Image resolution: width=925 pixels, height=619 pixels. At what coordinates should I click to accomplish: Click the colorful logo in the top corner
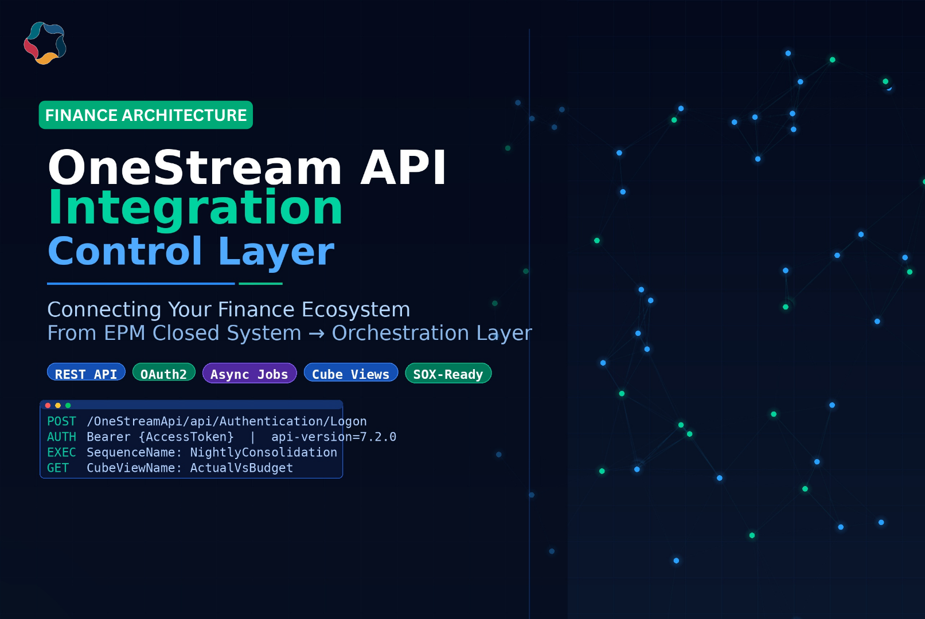coord(45,43)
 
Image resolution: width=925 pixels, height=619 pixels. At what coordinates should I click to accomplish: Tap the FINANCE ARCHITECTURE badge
coord(146,115)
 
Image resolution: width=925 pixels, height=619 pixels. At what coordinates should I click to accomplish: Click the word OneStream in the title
coord(195,168)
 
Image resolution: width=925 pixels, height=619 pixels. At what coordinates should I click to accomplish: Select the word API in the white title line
coord(403,168)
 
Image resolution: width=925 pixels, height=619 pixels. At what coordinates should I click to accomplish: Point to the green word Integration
coord(196,207)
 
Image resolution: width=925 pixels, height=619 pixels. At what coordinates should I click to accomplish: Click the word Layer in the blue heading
coord(276,251)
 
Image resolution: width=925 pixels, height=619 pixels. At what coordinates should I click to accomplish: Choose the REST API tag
coord(86,373)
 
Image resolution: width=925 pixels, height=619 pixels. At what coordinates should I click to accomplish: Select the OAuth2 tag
coord(163,373)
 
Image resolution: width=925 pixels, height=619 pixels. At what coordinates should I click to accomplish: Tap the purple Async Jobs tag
coord(249,373)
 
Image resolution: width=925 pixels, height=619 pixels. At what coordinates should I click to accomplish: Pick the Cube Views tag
coord(350,373)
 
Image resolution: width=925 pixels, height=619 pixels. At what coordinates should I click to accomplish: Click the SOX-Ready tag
coord(448,373)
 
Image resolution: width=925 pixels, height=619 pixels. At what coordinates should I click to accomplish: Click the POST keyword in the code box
coord(61,421)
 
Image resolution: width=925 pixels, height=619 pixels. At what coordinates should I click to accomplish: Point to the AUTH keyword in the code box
coord(61,437)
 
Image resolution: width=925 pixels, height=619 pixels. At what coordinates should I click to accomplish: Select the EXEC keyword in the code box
coord(61,452)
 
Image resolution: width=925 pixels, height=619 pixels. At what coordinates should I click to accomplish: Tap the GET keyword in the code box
coord(58,468)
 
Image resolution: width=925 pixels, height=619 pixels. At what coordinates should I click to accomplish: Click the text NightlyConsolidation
coord(263,452)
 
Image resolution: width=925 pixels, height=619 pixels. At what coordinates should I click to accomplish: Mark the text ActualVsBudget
coord(241,468)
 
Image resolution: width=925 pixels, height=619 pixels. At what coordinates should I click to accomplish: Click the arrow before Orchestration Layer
coord(317,334)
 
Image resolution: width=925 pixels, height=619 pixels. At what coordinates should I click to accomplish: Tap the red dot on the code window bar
coord(48,405)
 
